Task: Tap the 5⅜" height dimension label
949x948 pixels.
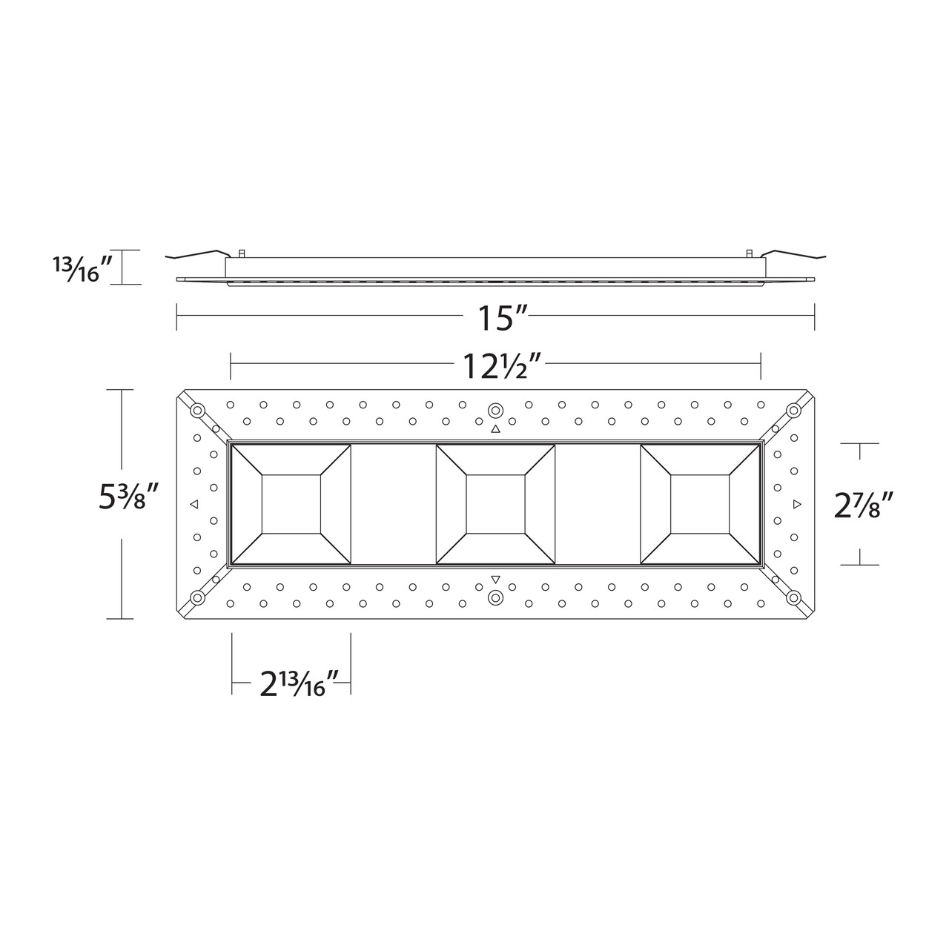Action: [128, 497]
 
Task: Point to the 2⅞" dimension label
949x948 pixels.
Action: [864, 505]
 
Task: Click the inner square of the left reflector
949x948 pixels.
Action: [291, 504]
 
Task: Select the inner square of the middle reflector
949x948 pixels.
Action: [495, 504]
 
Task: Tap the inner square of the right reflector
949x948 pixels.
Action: [700, 504]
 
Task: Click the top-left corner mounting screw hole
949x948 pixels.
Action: [198, 410]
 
